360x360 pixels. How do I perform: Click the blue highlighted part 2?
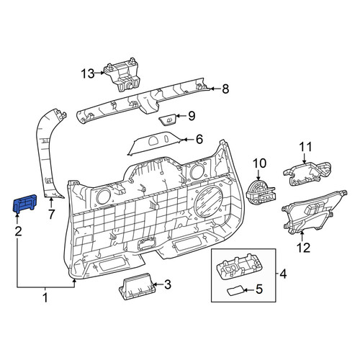(x=24, y=203)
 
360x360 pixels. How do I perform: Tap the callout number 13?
(x=88, y=73)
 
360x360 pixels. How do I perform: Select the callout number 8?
(x=225, y=89)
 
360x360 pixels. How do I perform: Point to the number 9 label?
(x=192, y=116)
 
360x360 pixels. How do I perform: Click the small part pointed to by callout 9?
(x=167, y=120)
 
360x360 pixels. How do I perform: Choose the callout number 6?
(x=199, y=139)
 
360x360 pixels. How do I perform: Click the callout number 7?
(x=52, y=215)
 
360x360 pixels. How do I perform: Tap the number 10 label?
(x=259, y=163)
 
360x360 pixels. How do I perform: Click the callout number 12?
(x=304, y=248)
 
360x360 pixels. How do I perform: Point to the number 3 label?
(x=168, y=284)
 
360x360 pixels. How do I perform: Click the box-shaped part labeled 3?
(x=136, y=287)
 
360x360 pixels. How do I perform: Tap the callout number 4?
(x=283, y=274)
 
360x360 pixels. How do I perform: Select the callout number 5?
(x=259, y=289)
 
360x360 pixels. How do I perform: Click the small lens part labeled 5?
(x=235, y=291)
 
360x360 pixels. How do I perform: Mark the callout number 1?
(x=45, y=298)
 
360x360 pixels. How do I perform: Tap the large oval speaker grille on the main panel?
(x=208, y=201)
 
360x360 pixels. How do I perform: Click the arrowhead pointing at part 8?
(x=212, y=89)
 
